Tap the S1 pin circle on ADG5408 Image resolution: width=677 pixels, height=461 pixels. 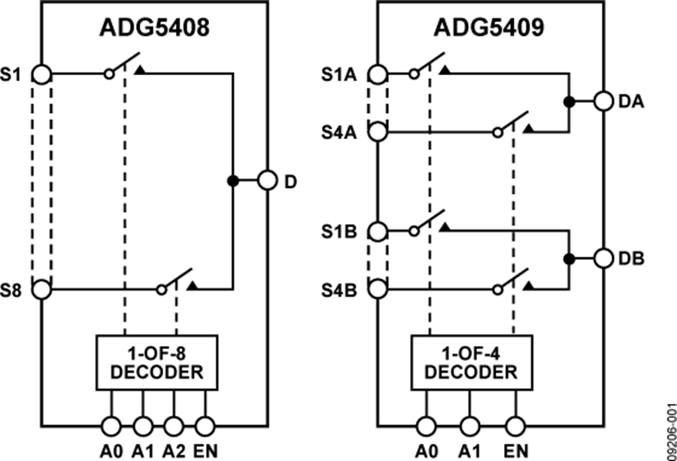click(42, 74)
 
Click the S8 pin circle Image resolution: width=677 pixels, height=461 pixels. click(42, 289)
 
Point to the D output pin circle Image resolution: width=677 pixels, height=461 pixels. click(267, 180)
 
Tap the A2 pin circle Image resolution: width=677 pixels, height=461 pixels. click(174, 426)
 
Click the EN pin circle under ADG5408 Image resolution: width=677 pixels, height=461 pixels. click(205, 426)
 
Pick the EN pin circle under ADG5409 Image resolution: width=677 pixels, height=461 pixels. click(515, 426)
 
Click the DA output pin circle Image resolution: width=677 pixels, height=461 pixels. click(604, 101)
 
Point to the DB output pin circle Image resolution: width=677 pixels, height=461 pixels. click(604, 259)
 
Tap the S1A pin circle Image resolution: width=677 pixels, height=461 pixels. click(378, 74)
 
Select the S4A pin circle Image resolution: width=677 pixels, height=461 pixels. click(378, 132)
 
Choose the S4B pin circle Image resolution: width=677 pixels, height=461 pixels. click(378, 289)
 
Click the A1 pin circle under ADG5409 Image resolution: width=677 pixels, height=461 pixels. click(470, 426)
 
